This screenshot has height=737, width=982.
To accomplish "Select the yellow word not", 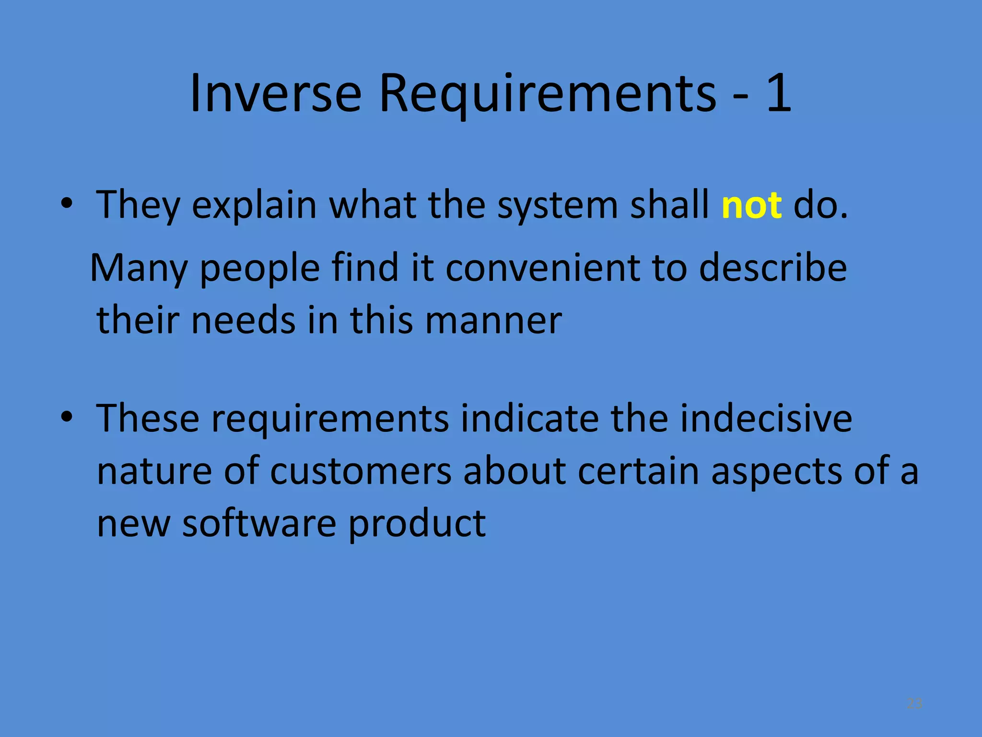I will pyautogui.click(x=751, y=205).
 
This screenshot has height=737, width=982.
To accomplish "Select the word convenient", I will pyautogui.click(x=542, y=268).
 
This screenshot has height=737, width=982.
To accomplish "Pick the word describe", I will pyautogui.click(x=772, y=268).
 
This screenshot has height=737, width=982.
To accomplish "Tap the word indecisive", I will pyautogui.click(x=766, y=418).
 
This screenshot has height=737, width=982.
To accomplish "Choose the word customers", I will pyautogui.click(x=361, y=471).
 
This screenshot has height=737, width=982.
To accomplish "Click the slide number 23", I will pyautogui.click(x=914, y=703).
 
